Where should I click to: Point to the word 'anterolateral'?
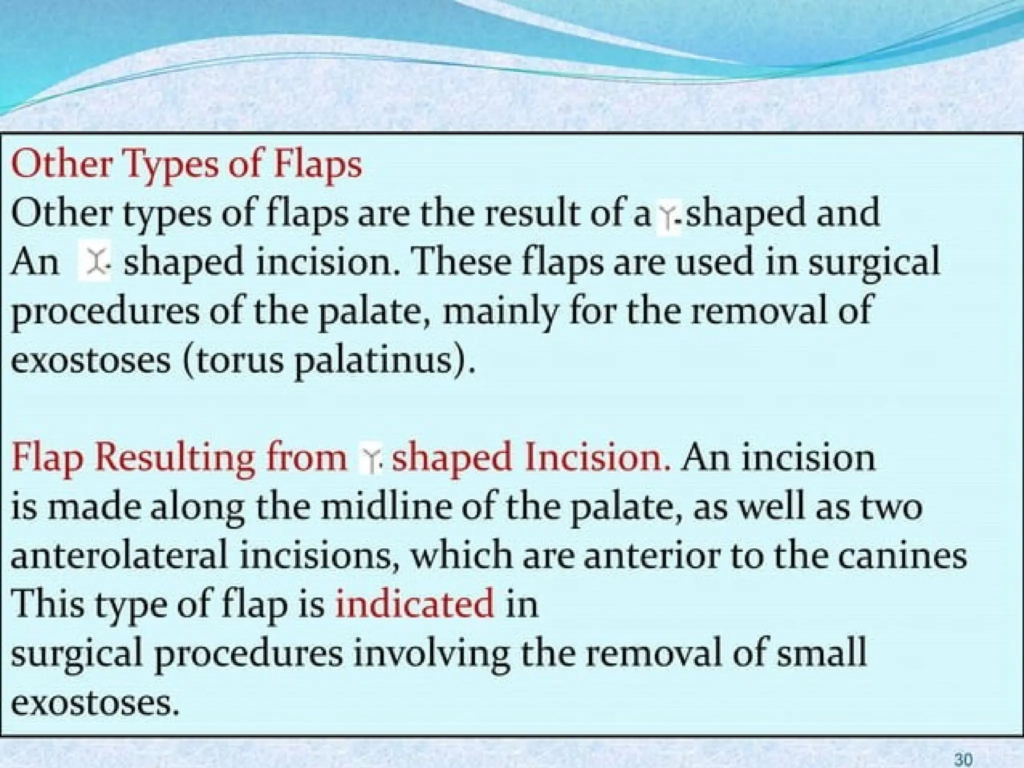point(119,555)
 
